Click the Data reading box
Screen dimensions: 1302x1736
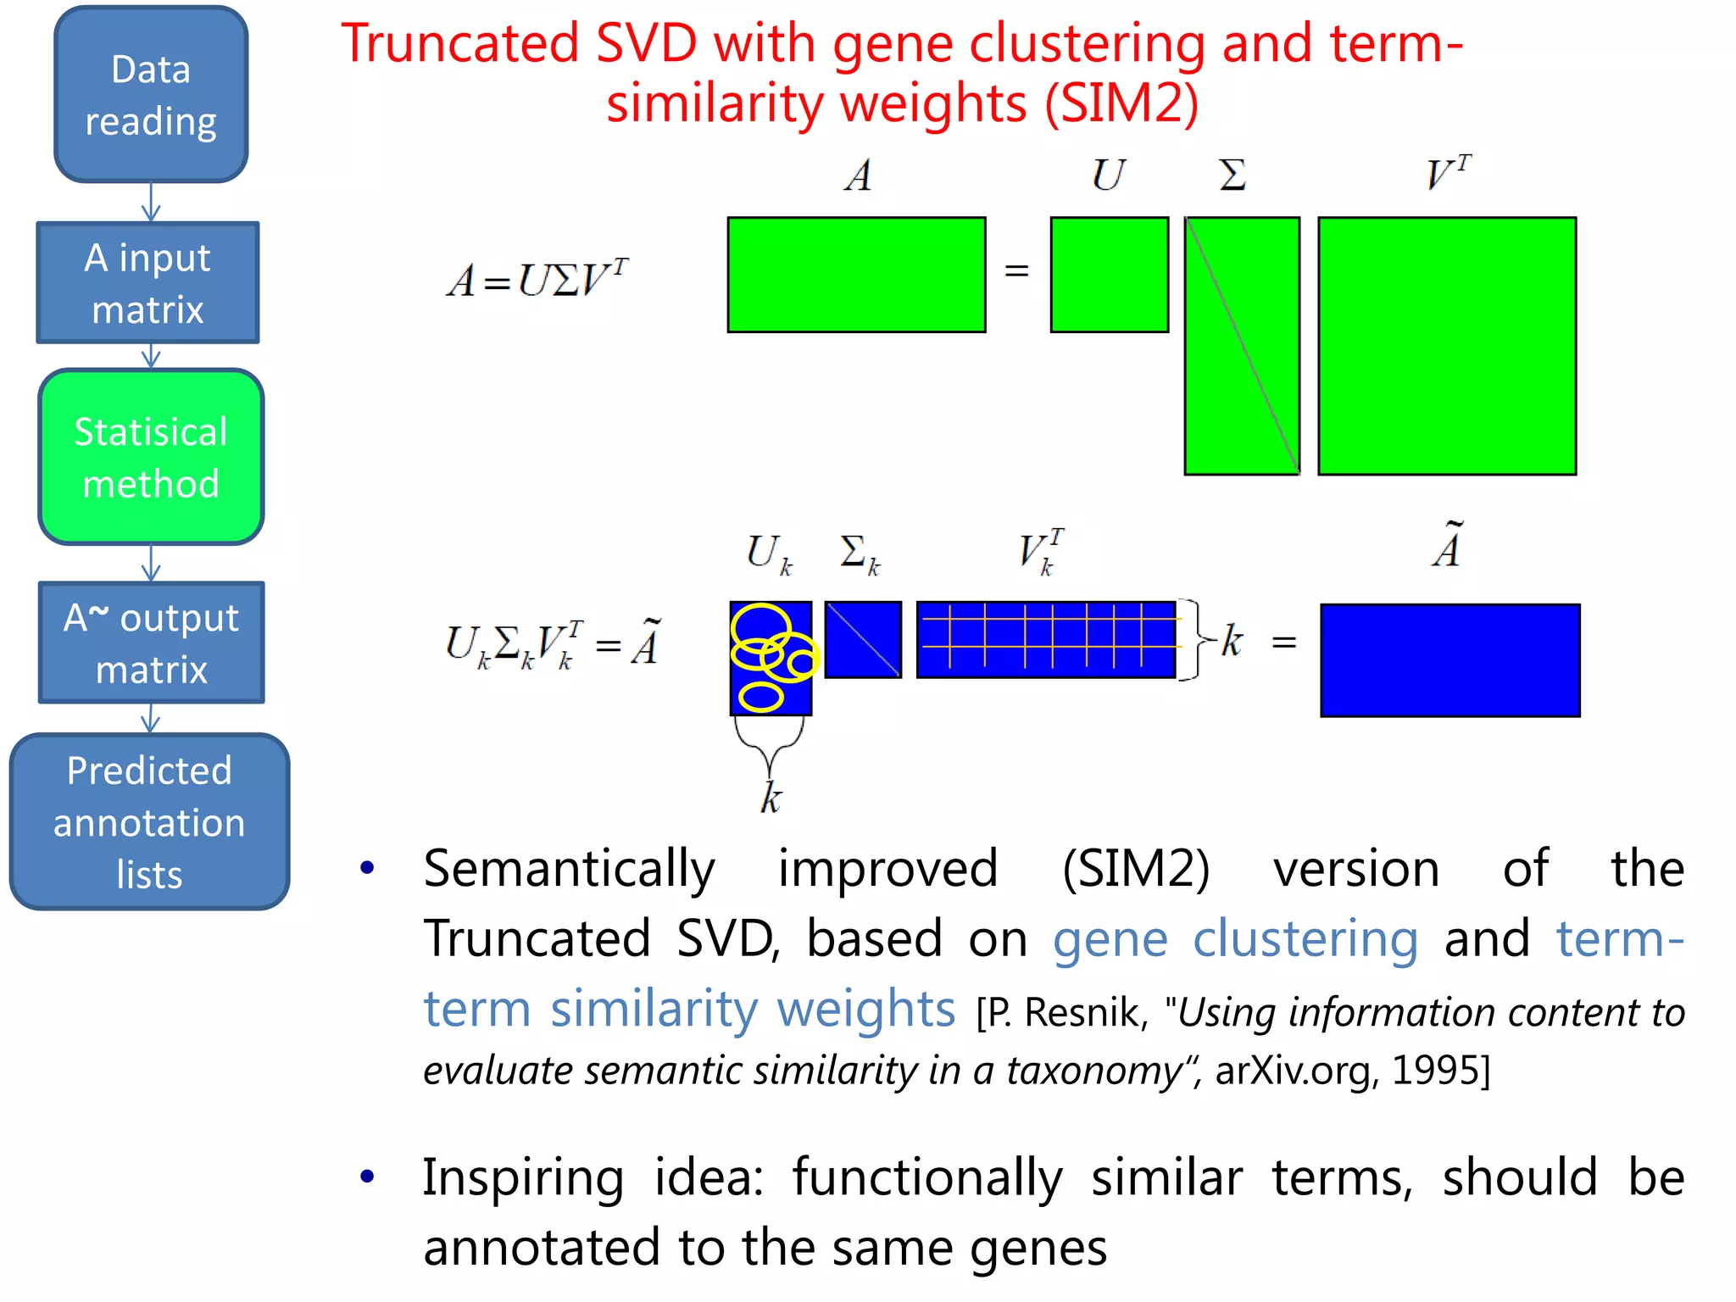(151, 94)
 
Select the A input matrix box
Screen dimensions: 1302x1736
(147, 283)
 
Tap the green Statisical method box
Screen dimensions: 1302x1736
(151, 457)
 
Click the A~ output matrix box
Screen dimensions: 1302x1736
(151, 643)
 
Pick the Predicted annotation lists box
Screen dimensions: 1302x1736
(149, 821)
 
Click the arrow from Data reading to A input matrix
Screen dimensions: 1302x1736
(151, 203)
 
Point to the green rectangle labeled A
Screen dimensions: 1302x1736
(856, 275)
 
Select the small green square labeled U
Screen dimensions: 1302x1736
(1109, 275)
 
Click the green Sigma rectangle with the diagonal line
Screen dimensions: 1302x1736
(1242, 346)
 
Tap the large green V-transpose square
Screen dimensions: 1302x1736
(1447, 346)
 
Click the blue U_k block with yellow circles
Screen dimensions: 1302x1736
(771, 658)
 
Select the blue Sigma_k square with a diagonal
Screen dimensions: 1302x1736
(863, 640)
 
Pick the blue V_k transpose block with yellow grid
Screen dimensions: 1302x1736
(1046, 640)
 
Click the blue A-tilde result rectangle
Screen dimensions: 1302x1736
(1449, 660)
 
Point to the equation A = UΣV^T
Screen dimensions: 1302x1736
(537, 280)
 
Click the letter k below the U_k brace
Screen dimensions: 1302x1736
(770, 798)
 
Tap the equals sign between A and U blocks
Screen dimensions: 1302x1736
(1016, 271)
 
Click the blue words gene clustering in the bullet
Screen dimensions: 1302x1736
(1235, 939)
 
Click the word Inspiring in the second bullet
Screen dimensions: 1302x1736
(523, 1178)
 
